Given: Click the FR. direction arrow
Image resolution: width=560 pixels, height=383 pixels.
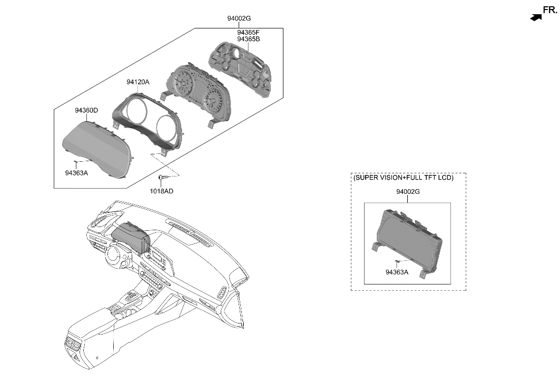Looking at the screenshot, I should (x=536, y=17).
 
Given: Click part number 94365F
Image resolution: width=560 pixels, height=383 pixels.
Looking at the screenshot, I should (x=248, y=32).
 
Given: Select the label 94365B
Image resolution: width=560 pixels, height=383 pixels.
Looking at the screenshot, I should (x=248, y=39).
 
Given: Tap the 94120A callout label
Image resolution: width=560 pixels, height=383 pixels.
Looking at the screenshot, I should (x=138, y=82).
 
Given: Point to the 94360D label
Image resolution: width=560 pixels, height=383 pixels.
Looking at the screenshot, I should (x=86, y=111).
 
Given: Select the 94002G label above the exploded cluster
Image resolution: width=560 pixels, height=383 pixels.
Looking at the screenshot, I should (x=239, y=18).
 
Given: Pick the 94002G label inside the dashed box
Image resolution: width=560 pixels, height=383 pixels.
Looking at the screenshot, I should (x=408, y=192).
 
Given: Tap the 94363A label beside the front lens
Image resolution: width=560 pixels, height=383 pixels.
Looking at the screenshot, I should (x=77, y=172).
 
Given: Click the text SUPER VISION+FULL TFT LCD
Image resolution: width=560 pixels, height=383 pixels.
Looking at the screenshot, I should (x=403, y=178).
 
